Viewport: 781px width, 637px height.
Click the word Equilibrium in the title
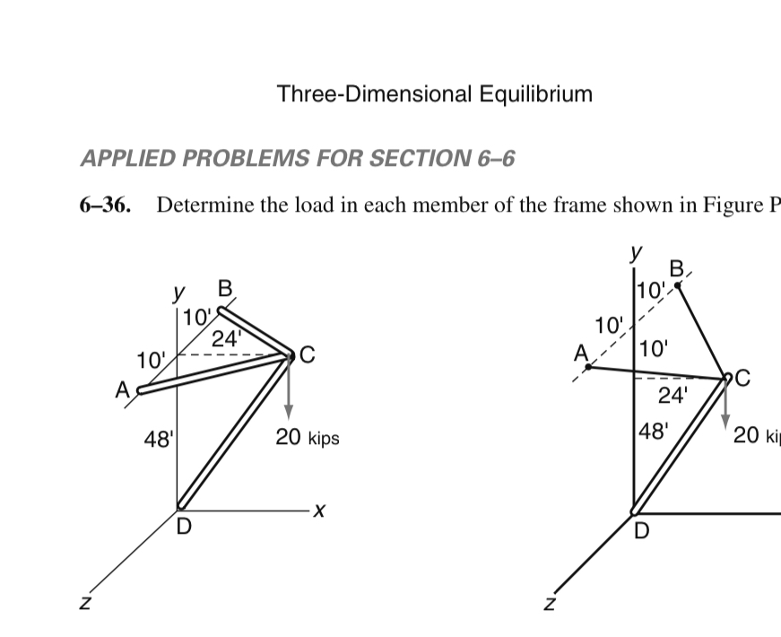click(x=535, y=93)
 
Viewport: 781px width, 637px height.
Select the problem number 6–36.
click(x=105, y=205)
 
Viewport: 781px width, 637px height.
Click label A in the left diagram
click(x=122, y=390)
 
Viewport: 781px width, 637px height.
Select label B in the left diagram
click(x=225, y=288)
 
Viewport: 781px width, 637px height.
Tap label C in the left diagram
click(x=307, y=354)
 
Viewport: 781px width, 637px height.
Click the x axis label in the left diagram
click(x=317, y=512)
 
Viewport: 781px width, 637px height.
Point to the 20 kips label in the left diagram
click(x=308, y=439)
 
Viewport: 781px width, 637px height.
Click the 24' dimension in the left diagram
click(x=226, y=339)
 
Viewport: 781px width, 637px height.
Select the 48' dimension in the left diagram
click(x=160, y=440)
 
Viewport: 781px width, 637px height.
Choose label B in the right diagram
click(x=677, y=267)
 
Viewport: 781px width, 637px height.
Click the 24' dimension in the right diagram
click(x=673, y=395)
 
